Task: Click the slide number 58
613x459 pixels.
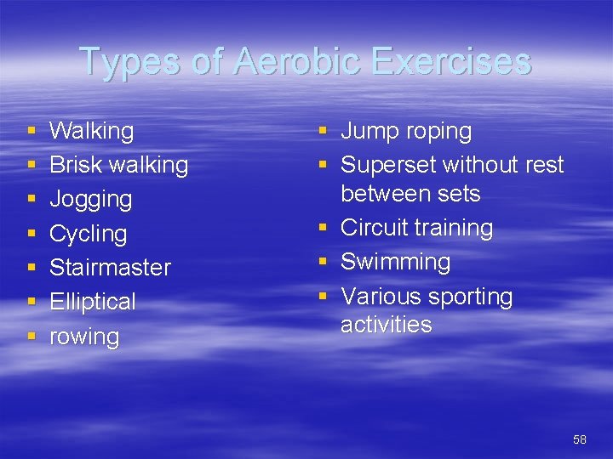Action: point(580,439)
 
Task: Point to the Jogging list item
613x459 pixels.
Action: point(91,200)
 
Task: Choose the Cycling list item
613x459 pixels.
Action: point(88,234)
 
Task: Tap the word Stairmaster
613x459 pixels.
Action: point(110,267)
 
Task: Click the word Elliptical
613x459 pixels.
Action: point(93,302)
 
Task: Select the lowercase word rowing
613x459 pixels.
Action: point(84,337)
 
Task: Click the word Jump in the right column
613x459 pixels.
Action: point(367,132)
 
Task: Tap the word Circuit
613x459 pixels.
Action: point(371,228)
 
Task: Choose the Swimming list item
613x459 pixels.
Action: point(395,262)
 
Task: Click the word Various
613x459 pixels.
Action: point(381,297)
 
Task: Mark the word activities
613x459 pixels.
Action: point(387,325)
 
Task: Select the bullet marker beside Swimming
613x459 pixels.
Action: point(324,263)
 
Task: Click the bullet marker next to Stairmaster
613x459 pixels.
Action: point(32,268)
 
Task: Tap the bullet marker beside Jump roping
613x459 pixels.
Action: point(324,132)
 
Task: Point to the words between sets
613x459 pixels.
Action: point(410,194)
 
